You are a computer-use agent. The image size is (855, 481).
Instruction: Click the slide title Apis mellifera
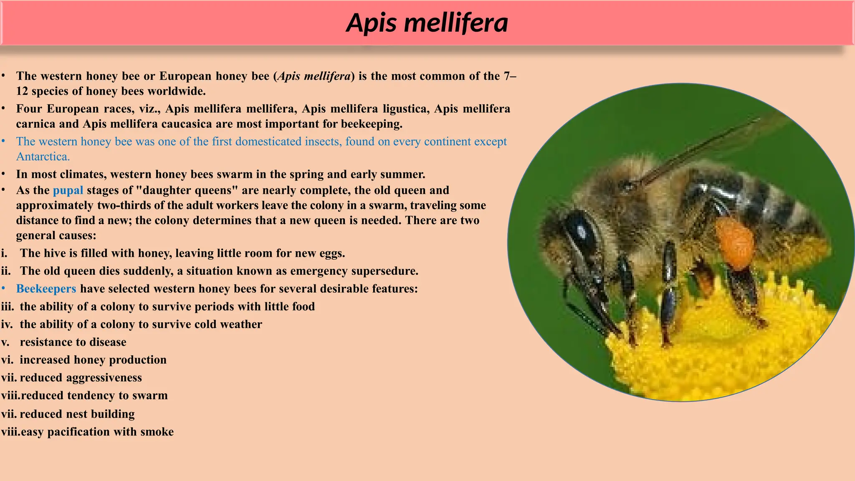[x=427, y=23]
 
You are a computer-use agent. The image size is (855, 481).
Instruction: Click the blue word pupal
[x=68, y=191]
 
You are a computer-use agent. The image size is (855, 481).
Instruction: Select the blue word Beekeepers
[x=46, y=289]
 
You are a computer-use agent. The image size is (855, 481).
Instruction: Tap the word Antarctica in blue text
[x=43, y=157]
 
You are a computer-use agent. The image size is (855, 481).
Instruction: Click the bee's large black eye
[x=580, y=234]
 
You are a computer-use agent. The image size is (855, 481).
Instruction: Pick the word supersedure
[x=384, y=271]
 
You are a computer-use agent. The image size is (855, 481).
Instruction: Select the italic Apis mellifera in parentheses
[x=314, y=76]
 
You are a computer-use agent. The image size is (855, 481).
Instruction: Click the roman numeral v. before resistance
[x=5, y=342]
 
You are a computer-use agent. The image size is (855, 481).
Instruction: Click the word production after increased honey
[x=137, y=360]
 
